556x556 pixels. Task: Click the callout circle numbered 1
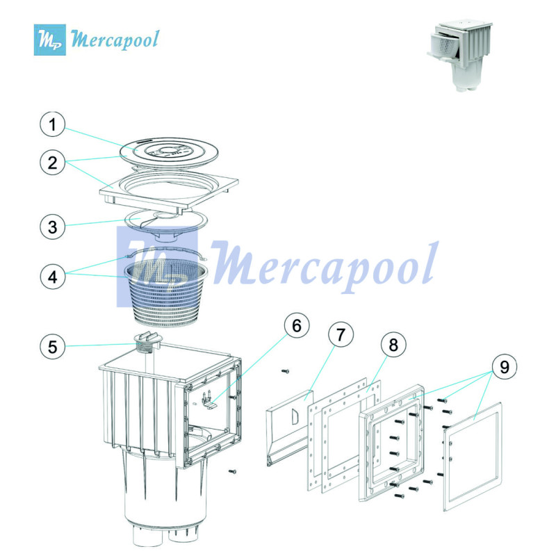53,126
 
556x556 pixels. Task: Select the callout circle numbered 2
53,164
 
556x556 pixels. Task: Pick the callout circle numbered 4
53,275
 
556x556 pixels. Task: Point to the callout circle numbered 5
53,345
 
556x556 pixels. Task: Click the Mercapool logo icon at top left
51,39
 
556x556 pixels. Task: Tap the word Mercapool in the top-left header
115,38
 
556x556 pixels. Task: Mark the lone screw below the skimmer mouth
234,471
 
